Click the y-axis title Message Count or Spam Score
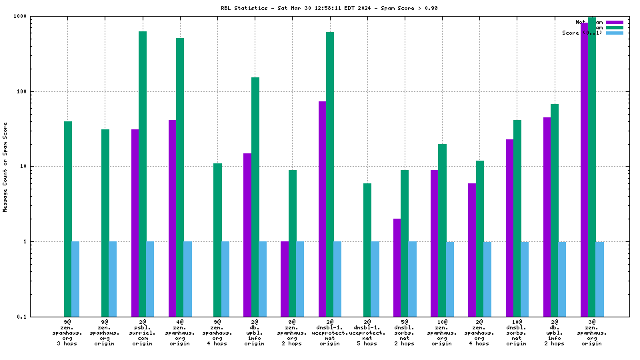5,167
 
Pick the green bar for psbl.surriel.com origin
143,173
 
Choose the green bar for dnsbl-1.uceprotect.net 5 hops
367,250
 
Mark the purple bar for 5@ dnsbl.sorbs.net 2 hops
397,267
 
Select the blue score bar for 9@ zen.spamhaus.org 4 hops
225,279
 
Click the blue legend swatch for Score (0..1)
614,33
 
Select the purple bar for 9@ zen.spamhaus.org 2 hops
285,279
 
